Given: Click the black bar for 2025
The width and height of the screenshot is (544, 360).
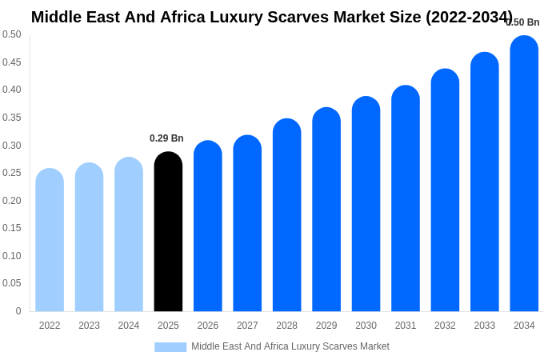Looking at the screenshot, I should pyautogui.click(x=168, y=232).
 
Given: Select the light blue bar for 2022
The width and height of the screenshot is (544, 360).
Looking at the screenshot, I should pyautogui.click(x=50, y=240).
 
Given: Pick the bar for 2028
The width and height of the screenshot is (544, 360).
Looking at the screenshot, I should pyautogui.click(x=286, y=215).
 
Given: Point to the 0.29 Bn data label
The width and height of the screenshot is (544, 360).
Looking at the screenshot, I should pyautogui.click(x=166, y=138).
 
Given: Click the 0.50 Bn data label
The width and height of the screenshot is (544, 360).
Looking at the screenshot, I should pyautogui.click(x=523, y=22).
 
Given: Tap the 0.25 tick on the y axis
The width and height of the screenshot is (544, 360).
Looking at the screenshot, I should pyautogui.click(x=12, y=173).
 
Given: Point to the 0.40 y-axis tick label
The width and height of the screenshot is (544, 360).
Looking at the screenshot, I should pyautogui.click(x=12, y=90).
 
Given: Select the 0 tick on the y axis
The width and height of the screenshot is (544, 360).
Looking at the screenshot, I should pyautogui.click(x=18, y=311).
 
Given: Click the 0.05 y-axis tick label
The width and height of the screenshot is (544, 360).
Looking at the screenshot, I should pyautogui.click(x=12, y=283).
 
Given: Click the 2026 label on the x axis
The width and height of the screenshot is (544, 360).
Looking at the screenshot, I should pyautogui.click(x=208, y=326).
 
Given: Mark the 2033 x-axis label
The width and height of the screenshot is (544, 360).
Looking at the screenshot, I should pyautogui.click(x=485, y=326).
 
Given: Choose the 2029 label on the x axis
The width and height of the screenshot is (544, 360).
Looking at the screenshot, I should pyautogui.click(x=326, y=326).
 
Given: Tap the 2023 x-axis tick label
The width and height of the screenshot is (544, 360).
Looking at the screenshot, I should pyautogui.click(x=89, y=326).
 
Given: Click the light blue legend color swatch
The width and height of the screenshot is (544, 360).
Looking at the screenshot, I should pyautogui.click(x=170, y=347).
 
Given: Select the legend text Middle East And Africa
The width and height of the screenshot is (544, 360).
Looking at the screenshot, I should pyautogui.click(x=240, y=346).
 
